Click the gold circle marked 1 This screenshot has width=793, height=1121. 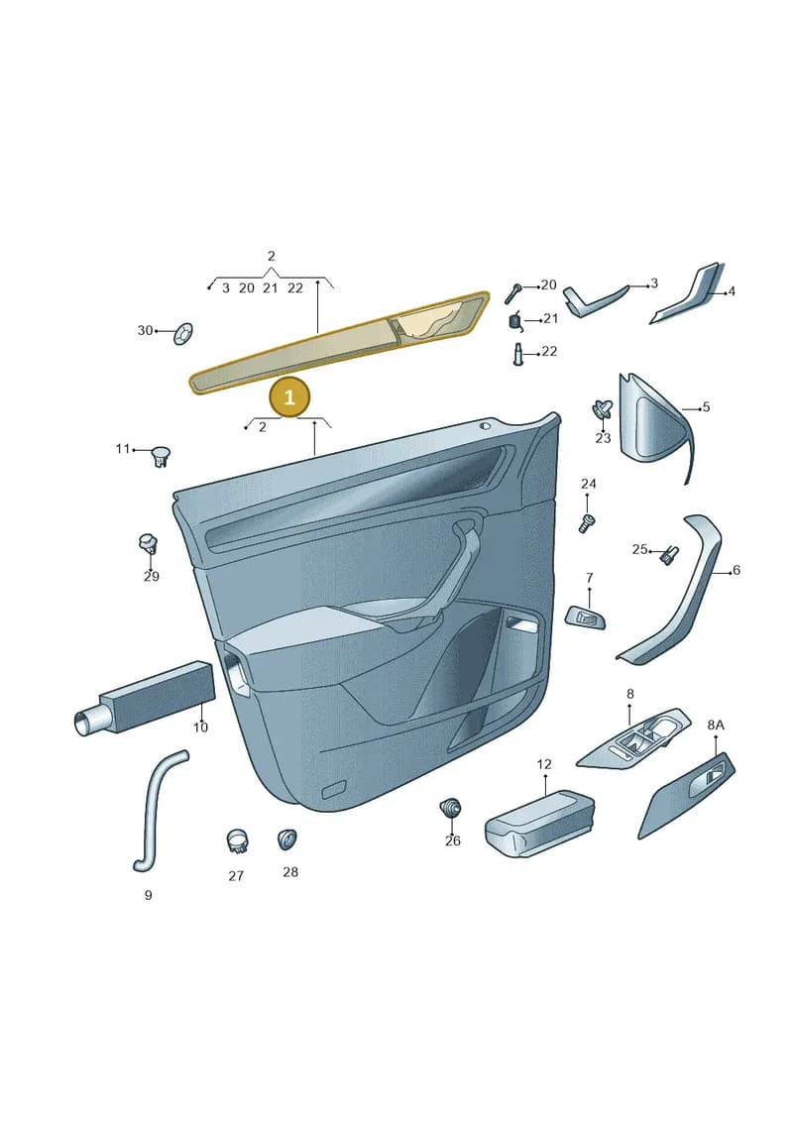(x=288, y=396)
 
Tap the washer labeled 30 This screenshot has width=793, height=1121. (x=183, y=333)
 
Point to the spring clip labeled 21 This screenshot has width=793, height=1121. (x=515, y=322)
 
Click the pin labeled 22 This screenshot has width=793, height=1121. (x=517, y=354)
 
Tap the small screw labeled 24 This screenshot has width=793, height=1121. (x=587, y=523)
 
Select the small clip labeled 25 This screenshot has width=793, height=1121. (x=669, y=554)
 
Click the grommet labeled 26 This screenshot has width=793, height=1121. (x=450, y=810)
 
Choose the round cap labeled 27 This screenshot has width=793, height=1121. (x=237, y=841)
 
